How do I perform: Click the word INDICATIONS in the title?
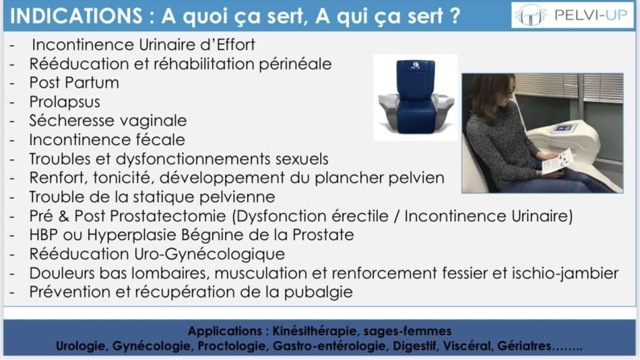[76, 16]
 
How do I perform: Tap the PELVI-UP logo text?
[591, 15]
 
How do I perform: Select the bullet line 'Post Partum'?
[74, 83]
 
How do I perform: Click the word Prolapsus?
[64, 102]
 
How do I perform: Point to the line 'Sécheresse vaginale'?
[107, 121]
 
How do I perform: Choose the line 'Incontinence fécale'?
[107, 140]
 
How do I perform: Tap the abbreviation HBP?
[43, 235]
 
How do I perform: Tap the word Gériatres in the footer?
[524, 346]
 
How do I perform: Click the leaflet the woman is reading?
[556, 162]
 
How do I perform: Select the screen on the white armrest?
[564, 129]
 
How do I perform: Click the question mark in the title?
[454, 16]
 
